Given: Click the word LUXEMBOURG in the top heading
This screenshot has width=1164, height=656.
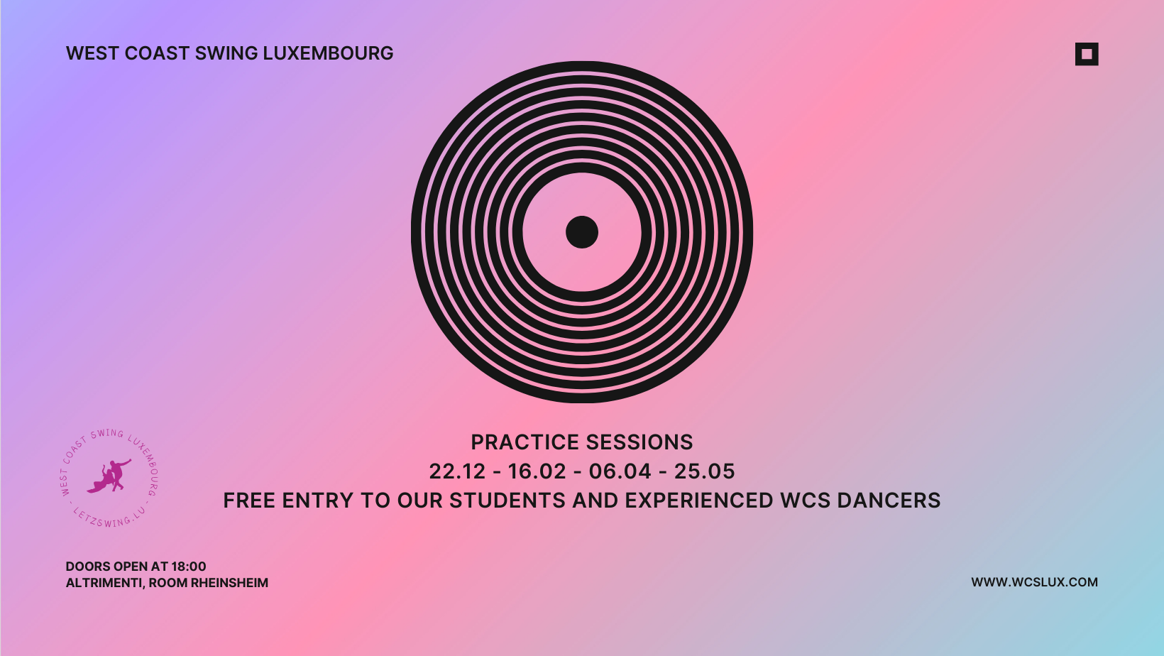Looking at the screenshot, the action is pos(328,53).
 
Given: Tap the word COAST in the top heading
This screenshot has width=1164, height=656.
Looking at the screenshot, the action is pos(157,53).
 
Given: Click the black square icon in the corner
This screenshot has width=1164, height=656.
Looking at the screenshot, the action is pos(1087,54).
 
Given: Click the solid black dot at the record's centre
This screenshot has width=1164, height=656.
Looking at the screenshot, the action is pos(582,232).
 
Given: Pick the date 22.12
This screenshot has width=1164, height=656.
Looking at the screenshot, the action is pos(457,471).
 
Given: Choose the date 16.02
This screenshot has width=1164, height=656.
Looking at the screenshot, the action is pos(537,471).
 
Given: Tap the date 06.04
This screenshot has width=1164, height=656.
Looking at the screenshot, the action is pos(620,471).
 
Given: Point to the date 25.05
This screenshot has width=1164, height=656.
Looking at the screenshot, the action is pos(705,471).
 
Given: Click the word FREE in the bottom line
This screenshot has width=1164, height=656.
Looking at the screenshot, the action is pos(249,501).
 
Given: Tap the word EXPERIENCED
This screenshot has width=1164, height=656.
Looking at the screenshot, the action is pos(699,501).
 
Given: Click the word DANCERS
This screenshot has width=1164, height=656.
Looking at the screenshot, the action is pos(889,501).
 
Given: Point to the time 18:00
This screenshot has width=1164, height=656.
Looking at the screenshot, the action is pos(189,566).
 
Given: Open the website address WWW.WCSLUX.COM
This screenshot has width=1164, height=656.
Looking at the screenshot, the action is pos(1035,582).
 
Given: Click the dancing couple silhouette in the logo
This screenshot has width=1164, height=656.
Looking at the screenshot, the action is pos(109,476).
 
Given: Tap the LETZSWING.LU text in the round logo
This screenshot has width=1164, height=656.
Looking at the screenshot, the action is pos(109,519).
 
